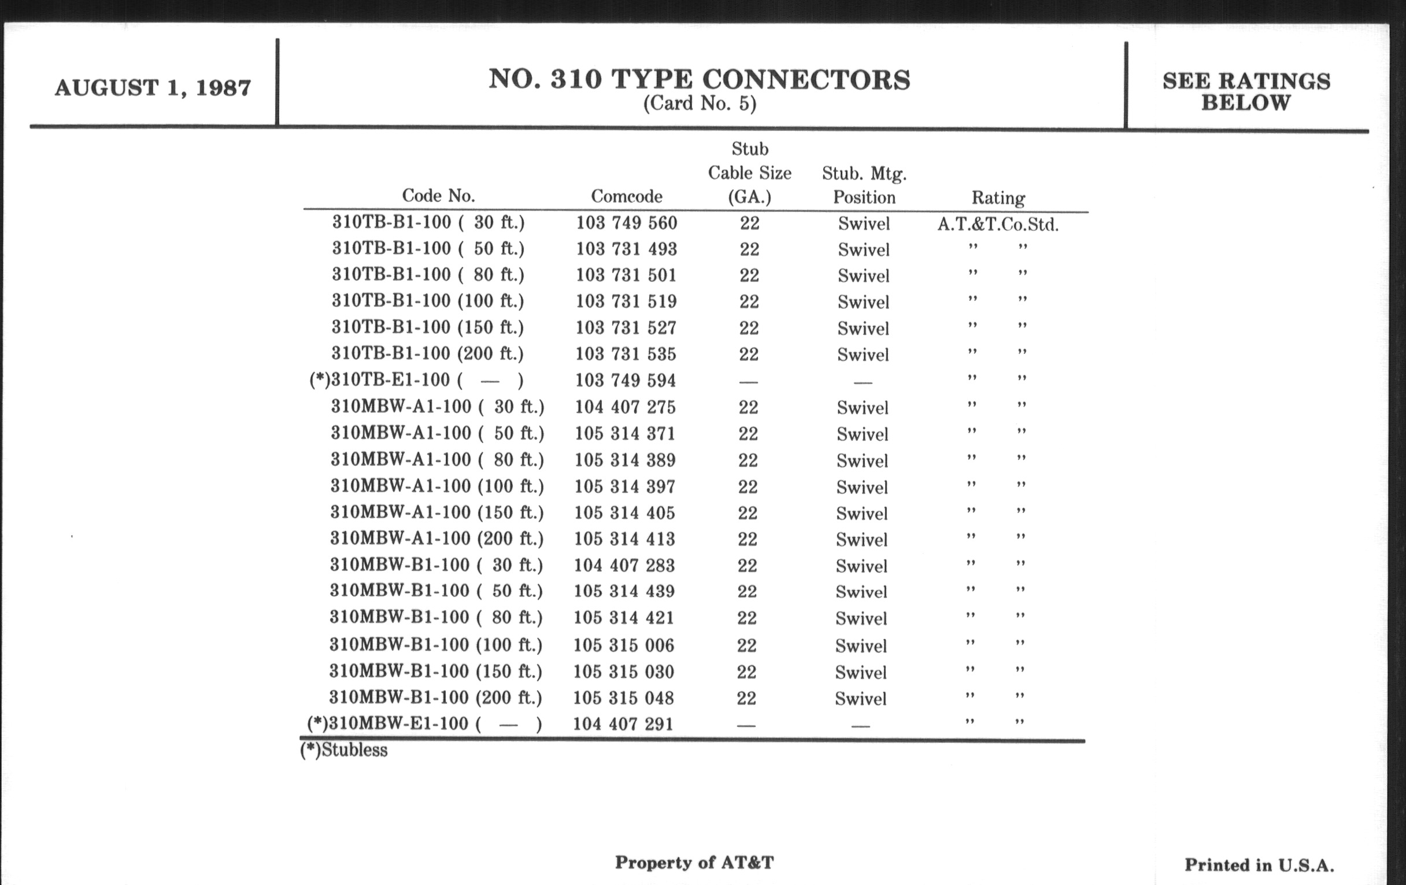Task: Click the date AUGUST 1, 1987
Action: click(153, 88)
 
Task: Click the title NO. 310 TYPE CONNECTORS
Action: click(699, 79)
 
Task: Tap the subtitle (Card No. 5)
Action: click(700, 104)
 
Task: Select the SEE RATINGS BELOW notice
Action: click(1246, 92)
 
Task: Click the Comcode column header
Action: click(627, 196)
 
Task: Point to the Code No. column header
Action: click(438, 196)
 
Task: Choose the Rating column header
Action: click(998, 198)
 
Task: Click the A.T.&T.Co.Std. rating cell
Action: click(998, 224)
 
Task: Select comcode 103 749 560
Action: click(627, 223)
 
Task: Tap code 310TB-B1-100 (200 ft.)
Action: click(427, 353)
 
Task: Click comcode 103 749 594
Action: click(626, 380)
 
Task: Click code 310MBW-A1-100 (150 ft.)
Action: click(436, 512)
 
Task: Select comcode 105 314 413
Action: click(624, 539)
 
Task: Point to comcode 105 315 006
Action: click(624, 645)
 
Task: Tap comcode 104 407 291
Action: click(623, 724)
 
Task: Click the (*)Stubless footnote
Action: click(344, 750)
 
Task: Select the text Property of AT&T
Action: click(694, 862)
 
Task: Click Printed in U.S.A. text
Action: click(1259, 865)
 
